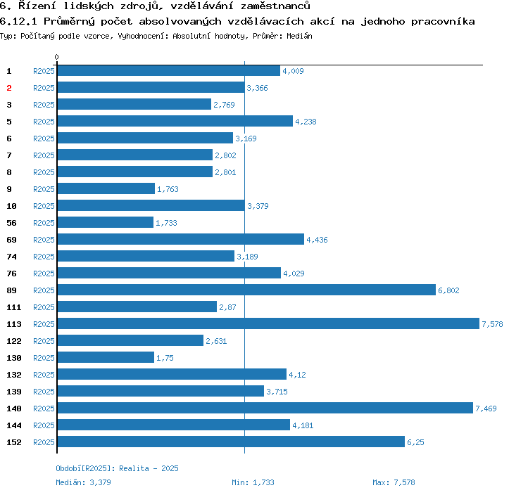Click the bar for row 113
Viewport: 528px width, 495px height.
pyautogui.click(x=268, y=323)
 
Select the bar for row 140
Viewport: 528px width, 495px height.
pyautogui.click(x=265, y=408)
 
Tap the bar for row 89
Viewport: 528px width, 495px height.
pyautogui.click(x=246, y=290)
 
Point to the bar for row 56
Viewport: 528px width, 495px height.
pyautogui.click(x=105, y=222)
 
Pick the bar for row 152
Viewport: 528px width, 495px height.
pyautogui.click(x=231, y=442)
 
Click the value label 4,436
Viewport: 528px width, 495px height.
pyautogui.click(x=317, y=240)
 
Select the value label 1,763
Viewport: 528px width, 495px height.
pyautogui.click(x=168, y=189)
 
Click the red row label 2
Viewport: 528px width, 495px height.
pyautogui.click(x=9, y=88)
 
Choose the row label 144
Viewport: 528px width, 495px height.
pyautogui.click(x=14, y=425)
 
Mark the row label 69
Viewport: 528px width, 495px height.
pyautogui.click(x=11, y=240)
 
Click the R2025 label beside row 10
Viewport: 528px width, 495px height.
pyautogui.click(x=44, y=206)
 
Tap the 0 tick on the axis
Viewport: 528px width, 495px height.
pyautogui.click(x=57, y=57)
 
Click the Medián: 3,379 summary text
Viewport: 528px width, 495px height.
pyautogui.click(x=83, y=482)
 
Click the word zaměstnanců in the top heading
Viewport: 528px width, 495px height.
pyautogui.click(x=273, y=6)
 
